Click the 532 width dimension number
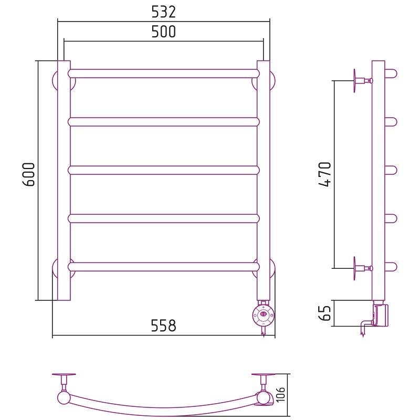(163, 12)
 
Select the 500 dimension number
(163, 31)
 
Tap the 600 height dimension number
(29, 174)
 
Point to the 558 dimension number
(163, 325)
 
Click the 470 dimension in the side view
(325, 174)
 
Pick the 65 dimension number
(325, 313)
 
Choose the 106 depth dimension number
(280, 395)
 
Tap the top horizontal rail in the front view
(164, 73)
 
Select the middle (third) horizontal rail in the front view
(164, 170)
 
